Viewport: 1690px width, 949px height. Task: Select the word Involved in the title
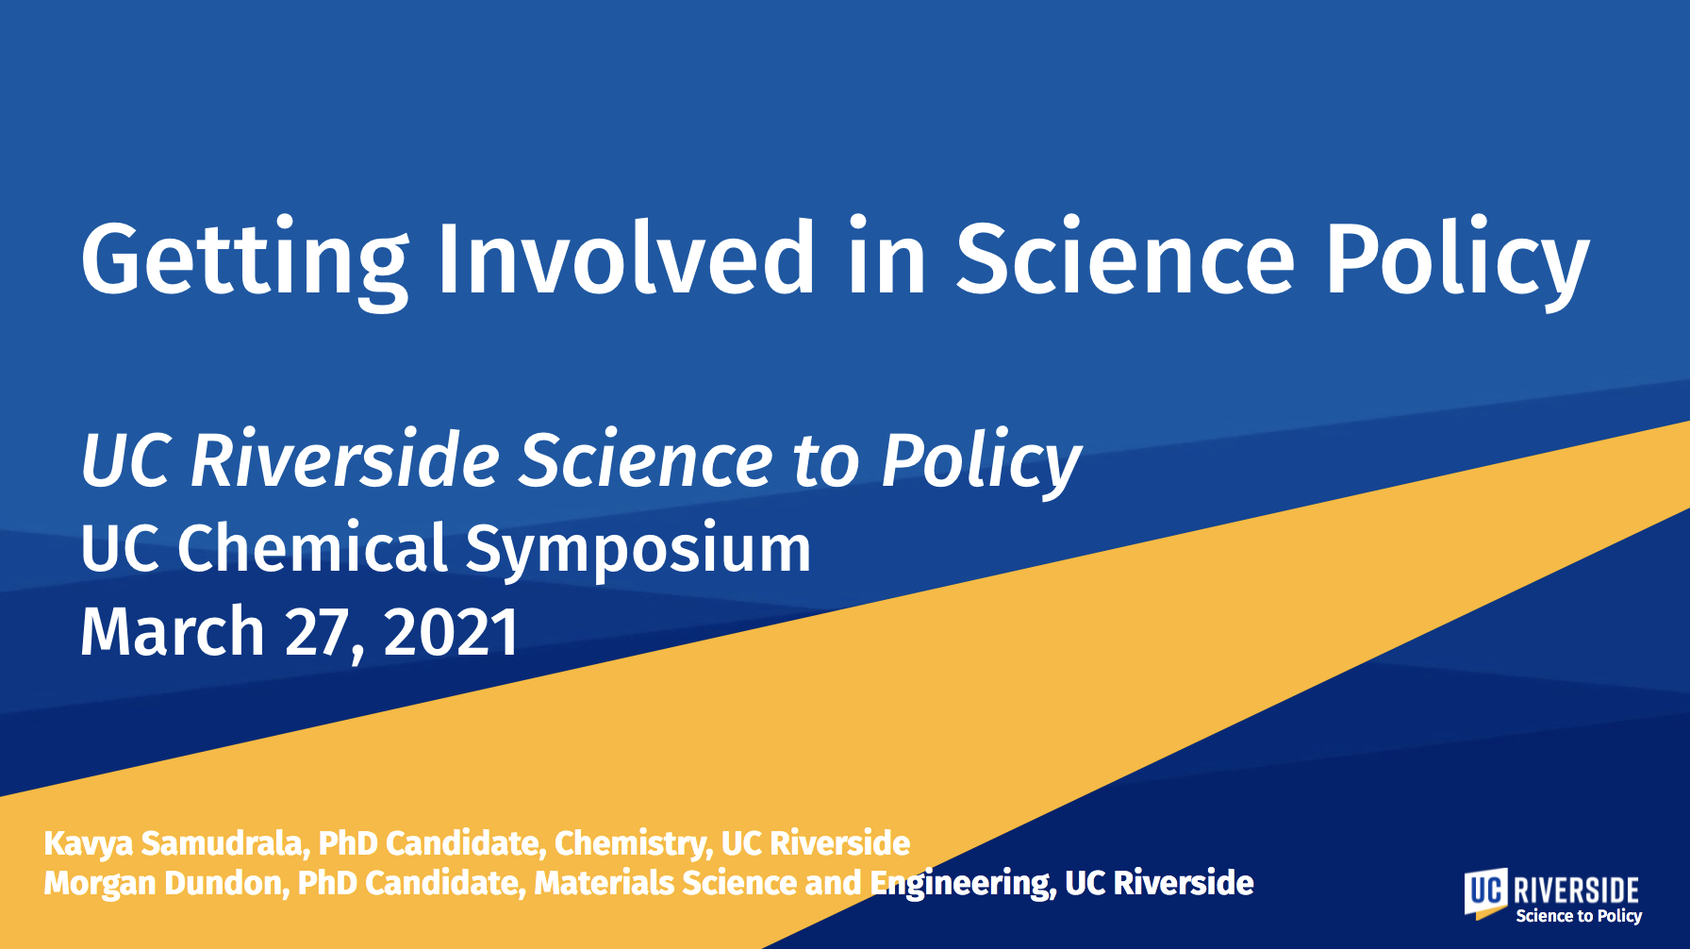point(625,257)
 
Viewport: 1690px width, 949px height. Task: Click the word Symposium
point(638,551)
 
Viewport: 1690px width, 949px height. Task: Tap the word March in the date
point(173,631)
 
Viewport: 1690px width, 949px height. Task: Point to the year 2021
point(452,632)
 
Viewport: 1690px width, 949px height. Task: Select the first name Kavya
point(89,843)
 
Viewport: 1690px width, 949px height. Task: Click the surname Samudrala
point(225,842)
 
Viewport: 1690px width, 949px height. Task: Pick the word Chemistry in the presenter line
point(633,843)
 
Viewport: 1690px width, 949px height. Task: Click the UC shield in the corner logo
point(1486,893)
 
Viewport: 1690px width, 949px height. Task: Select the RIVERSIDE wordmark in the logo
point(1576,890)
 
